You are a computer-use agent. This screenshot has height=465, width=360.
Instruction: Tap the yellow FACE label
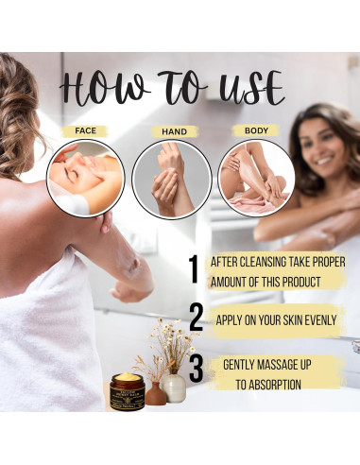pyautogui.click(x=85, y=131)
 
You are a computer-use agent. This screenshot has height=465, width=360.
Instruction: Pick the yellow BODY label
pyautogui.click(x=256, y=131)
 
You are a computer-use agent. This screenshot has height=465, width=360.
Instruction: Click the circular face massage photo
pyautogui.click(x=85, y=178)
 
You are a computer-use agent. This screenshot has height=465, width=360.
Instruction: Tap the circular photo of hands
pyautogui.click(x=171, y=178)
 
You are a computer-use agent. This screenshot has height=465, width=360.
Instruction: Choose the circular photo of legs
pyautogui.click(x=256, y=178)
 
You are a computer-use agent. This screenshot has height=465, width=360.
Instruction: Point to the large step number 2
pyautogui.click(x=196, y=319)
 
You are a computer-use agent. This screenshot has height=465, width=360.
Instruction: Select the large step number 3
pyautogui.click(x=196, y=368)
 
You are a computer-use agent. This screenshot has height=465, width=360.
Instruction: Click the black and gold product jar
pyautogui.click(x=126, y=390)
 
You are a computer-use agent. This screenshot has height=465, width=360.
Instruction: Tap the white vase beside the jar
pyautogui.click(x=175, y=388)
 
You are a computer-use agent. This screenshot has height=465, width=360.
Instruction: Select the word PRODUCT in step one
pyautogui.click(x=297, y=282)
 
